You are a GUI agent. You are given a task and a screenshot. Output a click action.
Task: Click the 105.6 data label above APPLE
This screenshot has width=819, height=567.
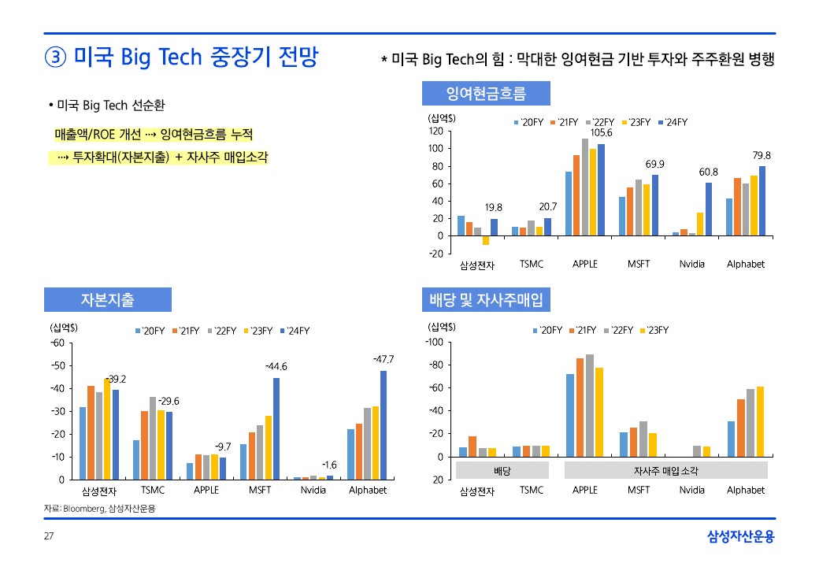601,133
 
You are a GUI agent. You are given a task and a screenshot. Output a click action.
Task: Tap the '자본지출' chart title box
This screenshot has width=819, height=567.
107,299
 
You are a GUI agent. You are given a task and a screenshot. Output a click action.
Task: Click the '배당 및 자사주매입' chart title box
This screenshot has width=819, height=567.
486,299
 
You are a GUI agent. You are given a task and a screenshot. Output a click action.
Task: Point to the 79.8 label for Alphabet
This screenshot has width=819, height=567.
762,155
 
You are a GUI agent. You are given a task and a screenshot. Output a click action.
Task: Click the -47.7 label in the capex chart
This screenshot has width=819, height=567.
384,359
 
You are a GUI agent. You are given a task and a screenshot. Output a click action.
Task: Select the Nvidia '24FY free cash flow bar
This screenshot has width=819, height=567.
709,209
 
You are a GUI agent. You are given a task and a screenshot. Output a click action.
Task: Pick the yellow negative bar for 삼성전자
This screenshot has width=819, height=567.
486,240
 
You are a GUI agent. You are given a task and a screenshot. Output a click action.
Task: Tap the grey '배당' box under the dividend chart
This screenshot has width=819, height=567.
502,471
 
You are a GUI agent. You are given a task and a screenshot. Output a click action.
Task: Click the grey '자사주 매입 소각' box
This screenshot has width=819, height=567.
665,471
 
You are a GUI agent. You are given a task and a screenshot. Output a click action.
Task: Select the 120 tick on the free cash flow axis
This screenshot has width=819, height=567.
435,132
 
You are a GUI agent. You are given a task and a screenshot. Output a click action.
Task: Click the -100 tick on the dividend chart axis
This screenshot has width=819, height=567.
435,343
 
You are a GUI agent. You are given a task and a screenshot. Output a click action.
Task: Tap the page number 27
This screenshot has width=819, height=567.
49,536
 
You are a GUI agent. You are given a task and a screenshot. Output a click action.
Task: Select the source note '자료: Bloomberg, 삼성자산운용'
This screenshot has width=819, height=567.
99,509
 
